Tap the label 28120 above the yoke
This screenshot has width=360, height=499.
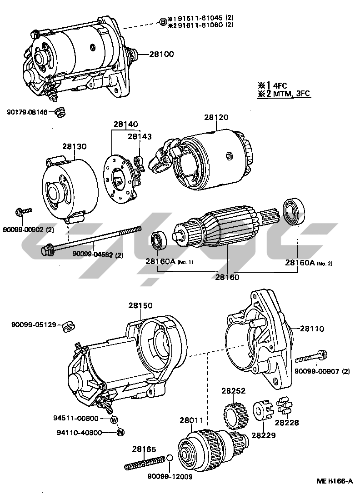(x=216, y=117)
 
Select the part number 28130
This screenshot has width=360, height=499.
(x=75, y=146)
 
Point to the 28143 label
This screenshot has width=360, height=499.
(x=140, y=136)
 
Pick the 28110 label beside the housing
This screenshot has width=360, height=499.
(x=312, y=328)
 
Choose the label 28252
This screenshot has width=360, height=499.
(x=234, y=390)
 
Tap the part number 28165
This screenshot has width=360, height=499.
(x=144, y=449)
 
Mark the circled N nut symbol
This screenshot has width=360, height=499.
(x=120, y=432)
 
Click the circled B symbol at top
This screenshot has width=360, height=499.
(x=163, y=21)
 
